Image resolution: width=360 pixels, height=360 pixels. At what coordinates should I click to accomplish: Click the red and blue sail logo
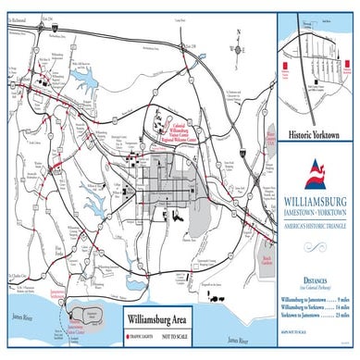pos(317,170)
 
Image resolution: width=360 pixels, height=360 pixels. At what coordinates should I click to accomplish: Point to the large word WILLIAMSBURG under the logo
pos(317,200)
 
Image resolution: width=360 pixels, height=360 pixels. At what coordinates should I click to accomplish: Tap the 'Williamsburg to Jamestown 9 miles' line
pos(317,300)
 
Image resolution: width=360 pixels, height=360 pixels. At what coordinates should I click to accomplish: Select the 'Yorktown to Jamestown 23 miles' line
pos(317,317)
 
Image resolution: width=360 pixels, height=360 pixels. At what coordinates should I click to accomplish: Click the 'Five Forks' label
pos(57,223)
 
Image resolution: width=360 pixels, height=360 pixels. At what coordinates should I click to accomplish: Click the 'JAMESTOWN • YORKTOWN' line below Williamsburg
pos(317,213)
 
